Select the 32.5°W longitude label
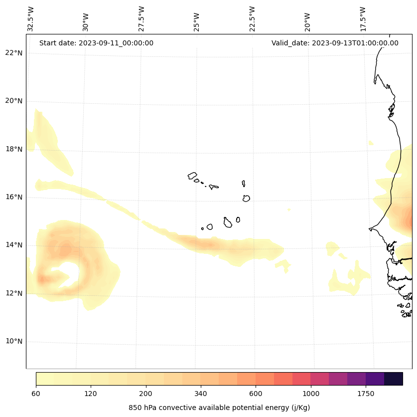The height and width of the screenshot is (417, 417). click(31, 19)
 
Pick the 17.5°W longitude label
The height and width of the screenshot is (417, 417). click(363, 19)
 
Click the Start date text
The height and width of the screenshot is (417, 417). click(96, 43)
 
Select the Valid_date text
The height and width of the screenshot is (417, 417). click(335, 43)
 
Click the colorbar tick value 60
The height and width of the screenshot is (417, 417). click(36, 394)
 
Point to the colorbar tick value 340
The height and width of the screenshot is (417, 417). click(201, 394)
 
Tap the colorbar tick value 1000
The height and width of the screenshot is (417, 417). click(311, 394)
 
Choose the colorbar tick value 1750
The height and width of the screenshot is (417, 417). click(366, 394)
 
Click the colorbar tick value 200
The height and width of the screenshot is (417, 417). click(146, 394)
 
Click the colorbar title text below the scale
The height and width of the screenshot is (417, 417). click(219, 408)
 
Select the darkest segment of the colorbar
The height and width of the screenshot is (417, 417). click(394, 379)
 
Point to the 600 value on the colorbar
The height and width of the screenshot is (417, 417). click(256, 394)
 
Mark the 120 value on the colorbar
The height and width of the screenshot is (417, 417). click(91, 394)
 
